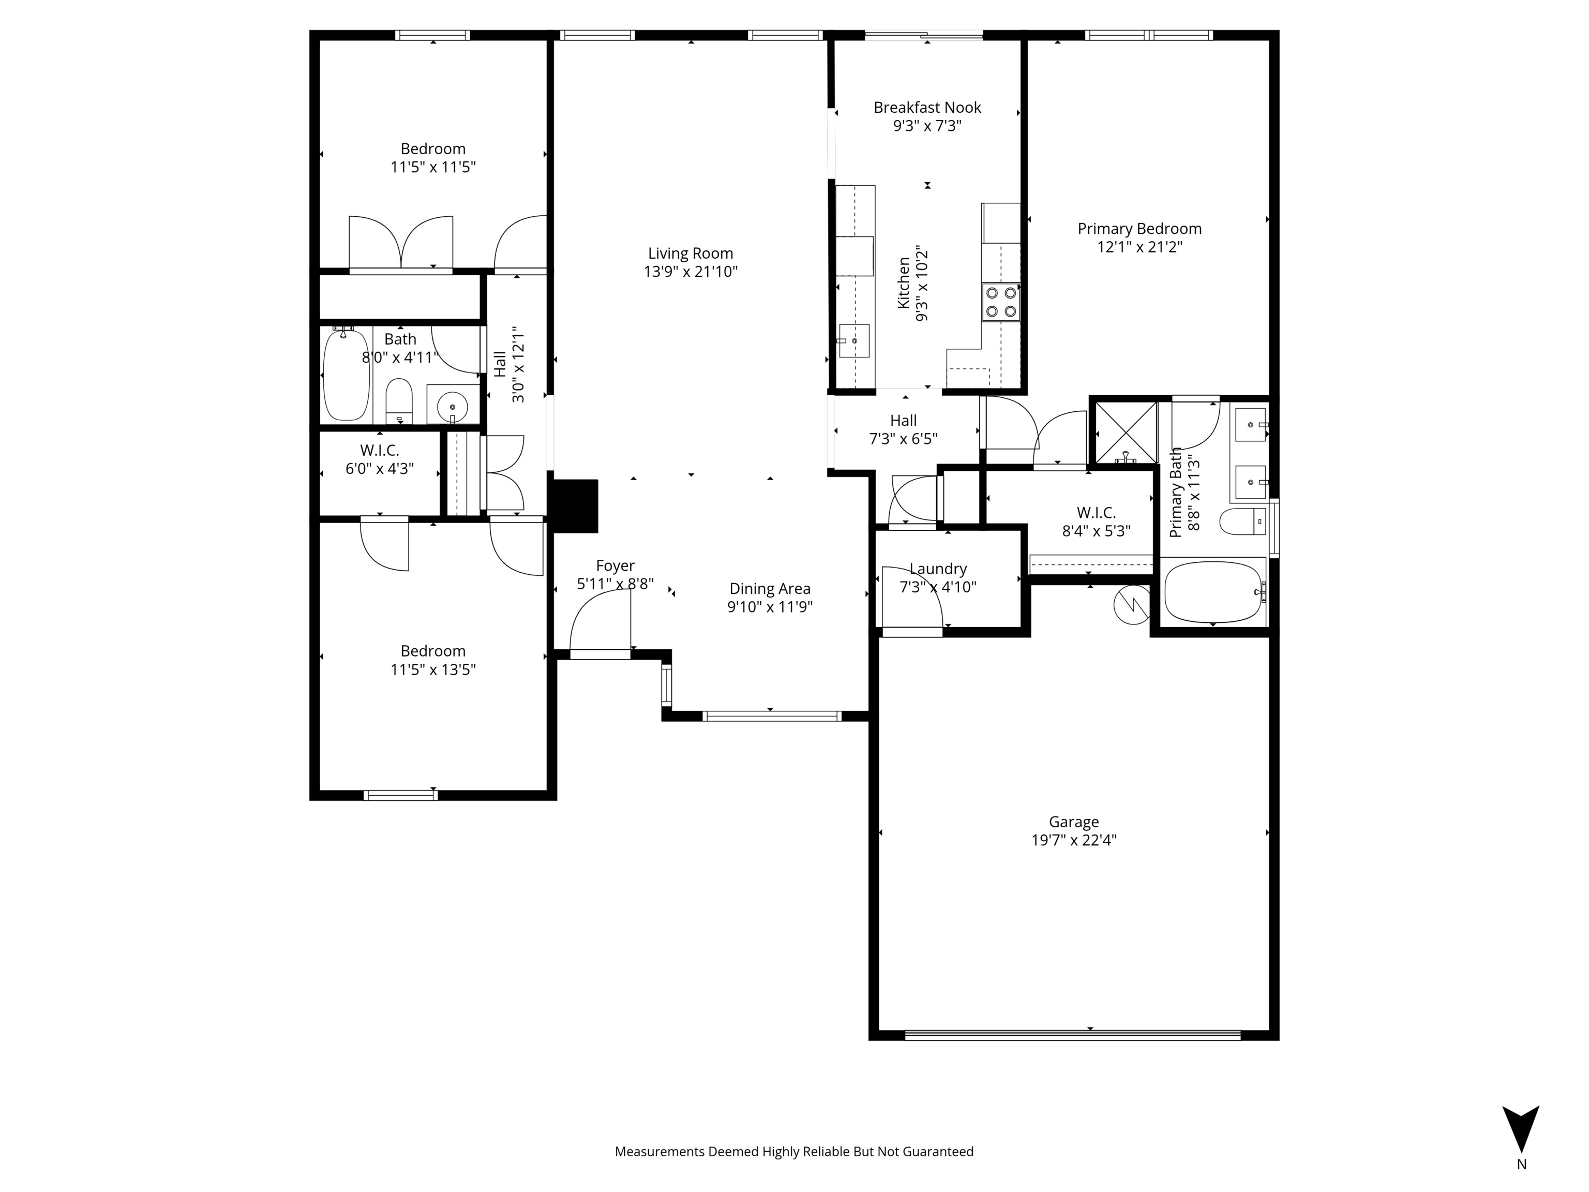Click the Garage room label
(1073, 821)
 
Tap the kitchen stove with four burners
(1001, 302)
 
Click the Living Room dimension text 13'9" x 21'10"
(691, 272)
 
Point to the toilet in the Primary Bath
(1243, 521)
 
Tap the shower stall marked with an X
(1124, 433)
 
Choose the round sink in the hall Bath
(453, 407)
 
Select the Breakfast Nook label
(927, 108)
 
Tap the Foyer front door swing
(600, 625)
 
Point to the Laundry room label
(937, 569)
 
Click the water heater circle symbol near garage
(1131, 605)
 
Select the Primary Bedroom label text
(1138, 229)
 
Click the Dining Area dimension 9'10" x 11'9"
(769, 607)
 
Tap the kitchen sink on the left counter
(854, 340)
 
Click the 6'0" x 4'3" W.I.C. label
(379, 469)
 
